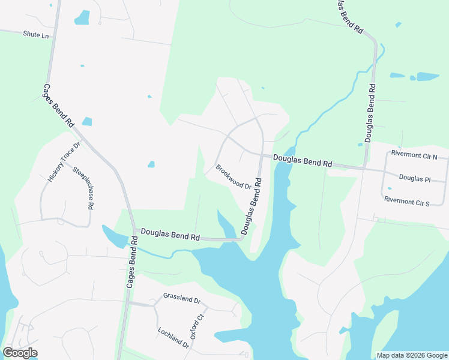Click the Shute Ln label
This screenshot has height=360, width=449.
[x=35, y=35]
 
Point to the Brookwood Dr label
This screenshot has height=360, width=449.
[x=234, y=177]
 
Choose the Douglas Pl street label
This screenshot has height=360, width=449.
[x=415, y=179]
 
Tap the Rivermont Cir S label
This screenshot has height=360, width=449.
[x=407, y=201]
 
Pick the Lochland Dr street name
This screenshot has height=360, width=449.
[x=173, y=337]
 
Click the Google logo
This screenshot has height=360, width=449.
[x=20, y=353]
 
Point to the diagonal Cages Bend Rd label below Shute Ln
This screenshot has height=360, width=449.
[x=58, y=105]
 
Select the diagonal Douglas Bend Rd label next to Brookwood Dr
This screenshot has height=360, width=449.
[x=252, y=205]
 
